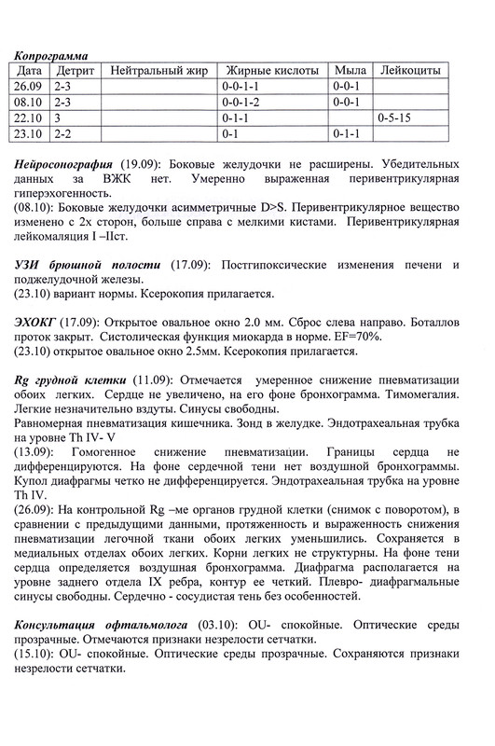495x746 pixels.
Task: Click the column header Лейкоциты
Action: (x=409, y=71)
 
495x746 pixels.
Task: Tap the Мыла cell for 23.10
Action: (x=348, y=134)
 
